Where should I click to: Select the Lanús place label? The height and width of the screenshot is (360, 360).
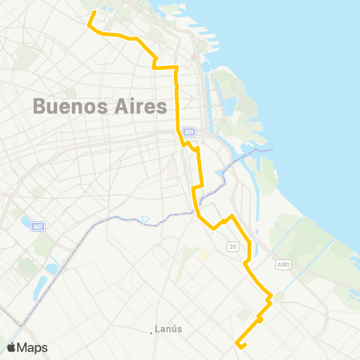[x=168, y=328]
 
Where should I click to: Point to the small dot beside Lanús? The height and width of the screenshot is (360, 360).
[x=151, y=331]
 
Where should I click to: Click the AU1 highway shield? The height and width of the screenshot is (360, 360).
[x=189, y=132]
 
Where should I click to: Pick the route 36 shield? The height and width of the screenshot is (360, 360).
[x=233, y=246]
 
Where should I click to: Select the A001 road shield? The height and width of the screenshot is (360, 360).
[x=282, y=264]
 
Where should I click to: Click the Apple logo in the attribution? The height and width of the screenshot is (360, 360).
[x=12, y=347]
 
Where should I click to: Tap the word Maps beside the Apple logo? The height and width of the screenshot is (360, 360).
[x=33, y=347]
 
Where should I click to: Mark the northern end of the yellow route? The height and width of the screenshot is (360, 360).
[x=94, y=12]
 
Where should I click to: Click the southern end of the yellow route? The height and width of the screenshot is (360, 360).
[x=238, y=344]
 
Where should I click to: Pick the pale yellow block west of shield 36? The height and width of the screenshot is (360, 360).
[x=203, y=256]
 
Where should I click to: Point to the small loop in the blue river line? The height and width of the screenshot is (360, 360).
[x=145, y=219]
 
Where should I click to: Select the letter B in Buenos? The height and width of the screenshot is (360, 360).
[x=40, y=107]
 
